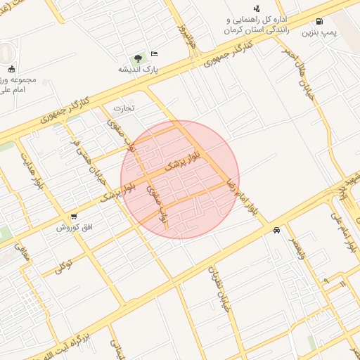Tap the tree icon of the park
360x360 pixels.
tap(138, 58)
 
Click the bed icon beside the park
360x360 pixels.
tap(155, 53)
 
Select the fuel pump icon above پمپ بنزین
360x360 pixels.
tap(321, 21)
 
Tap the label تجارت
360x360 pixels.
tap(124, 108)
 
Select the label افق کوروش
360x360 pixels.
tap(70, 228)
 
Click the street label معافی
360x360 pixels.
tap(22, 254)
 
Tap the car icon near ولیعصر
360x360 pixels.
tap(277, 230)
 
